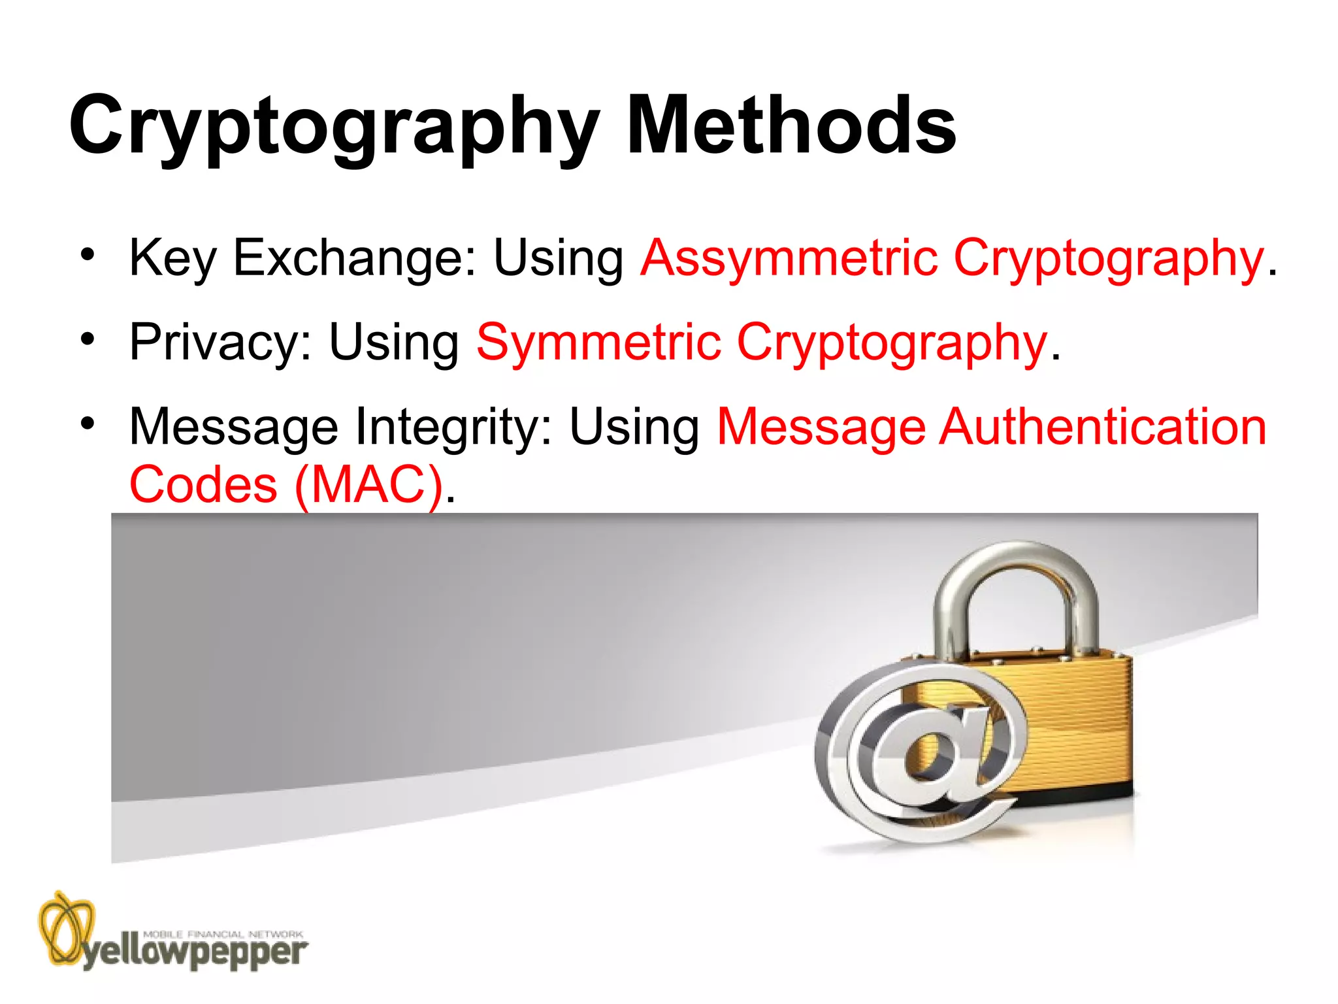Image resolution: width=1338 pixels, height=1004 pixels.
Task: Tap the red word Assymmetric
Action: click(x=790, y=258)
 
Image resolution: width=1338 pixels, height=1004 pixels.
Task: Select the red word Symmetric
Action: click(x=598, y=342)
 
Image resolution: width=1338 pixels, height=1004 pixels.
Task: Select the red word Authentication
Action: click(x=1103, y=427)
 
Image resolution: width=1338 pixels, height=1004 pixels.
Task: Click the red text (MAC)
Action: click(x=369, y=485)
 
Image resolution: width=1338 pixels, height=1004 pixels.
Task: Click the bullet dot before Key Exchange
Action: click(x=88, y=255)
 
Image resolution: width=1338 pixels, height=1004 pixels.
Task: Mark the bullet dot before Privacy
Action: click(x=88, y=339)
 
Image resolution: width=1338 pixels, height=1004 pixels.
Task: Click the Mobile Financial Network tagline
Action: click(x=223, y=934)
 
